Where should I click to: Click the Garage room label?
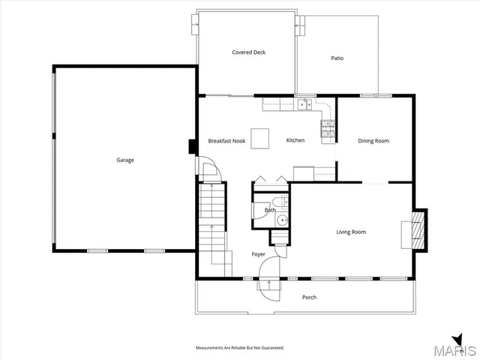(x=125, y=160)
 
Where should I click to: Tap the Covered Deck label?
(x=248, y=52)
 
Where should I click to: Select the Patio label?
(x=337, y=58)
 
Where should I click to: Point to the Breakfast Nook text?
(x=226, y=141)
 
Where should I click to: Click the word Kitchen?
(x=295, y=140)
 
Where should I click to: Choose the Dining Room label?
(x=373, y=141)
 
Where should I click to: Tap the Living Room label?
(x=351, y=232)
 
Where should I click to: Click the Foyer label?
(x=259, y=254)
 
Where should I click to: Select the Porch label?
(x=309, y=297)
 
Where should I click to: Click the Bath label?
(x=270, y=210)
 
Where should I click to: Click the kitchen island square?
(x=260, y=139)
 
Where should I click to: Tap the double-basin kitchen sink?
(x=304, y=105)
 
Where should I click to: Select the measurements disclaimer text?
(x=240, y=348)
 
